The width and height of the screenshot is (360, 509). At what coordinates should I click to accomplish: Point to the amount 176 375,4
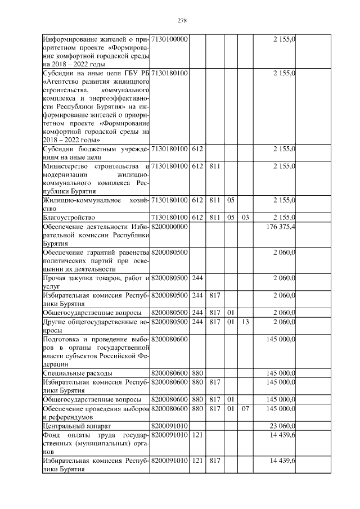[x=283, y=226]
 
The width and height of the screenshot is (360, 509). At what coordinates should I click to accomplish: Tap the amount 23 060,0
[x=285, y=426]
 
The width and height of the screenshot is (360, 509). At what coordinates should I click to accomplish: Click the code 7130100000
[x=169, y=39]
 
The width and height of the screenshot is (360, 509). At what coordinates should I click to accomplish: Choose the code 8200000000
[x=169, y=226]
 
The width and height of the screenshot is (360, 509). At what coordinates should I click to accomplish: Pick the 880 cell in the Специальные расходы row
[x=197, y=373]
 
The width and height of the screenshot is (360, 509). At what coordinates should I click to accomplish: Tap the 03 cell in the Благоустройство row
[x=245, y=217]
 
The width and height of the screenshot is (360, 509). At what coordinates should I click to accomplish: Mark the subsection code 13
[x=245, y=322]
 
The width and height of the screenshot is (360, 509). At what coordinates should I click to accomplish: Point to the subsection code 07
[x=245, y=408]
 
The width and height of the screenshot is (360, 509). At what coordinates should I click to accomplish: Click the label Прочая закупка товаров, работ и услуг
[x=96, y=282]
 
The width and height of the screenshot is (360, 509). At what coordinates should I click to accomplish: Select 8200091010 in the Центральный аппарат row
[x=169, y=426]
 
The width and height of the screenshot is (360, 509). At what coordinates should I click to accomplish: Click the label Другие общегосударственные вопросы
[x=96, y=326]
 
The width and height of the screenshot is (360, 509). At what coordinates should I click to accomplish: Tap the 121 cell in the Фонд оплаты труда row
[x=197, y=435]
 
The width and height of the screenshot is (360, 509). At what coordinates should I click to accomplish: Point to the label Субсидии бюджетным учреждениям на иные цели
[x=96, y=152]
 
